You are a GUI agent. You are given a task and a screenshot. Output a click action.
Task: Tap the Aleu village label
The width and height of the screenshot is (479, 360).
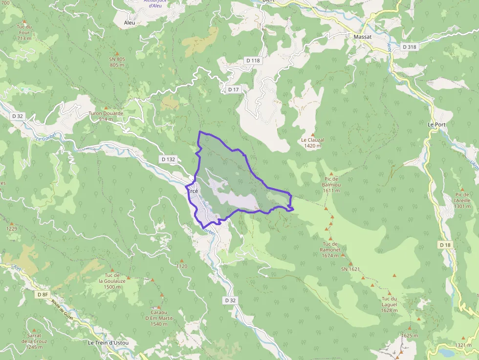coord(130,23)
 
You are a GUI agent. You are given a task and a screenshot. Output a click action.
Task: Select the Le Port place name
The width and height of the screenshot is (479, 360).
coord(436,125)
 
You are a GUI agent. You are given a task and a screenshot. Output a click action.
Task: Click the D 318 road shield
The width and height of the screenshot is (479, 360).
coord(409,47)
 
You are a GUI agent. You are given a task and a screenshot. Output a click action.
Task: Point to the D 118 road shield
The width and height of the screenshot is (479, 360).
coord(253,60)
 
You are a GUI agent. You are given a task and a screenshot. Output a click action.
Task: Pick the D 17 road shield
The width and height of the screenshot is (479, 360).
coord(233,89)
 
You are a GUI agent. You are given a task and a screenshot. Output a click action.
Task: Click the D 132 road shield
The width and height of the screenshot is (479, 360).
coord(168,159)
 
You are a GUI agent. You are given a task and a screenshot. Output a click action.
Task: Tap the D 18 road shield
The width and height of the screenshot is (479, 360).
coord(445,244)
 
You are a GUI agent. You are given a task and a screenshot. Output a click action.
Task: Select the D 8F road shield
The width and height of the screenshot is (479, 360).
coord(43,295)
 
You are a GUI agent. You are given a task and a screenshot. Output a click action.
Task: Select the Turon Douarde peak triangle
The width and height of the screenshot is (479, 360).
coord(106,107)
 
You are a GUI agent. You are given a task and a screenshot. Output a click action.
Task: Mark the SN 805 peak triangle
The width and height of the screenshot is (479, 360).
coord(117,53)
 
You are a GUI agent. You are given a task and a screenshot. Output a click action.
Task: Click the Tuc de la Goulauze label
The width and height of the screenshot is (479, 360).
coord(112,281)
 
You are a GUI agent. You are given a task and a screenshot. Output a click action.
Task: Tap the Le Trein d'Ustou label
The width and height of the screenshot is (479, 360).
coord(108,342)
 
